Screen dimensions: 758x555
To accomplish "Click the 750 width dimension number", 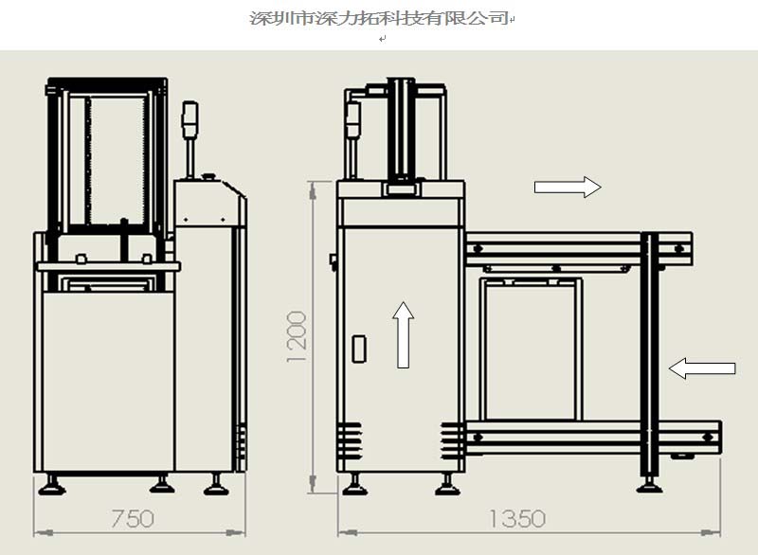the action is click(133, 519).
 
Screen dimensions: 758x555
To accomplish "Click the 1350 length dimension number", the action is click(517, 519).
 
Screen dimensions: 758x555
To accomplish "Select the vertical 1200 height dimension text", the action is click(297, 336).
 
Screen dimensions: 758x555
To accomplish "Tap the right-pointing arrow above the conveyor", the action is click(568, 187).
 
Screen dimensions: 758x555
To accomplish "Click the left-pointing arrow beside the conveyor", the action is click(702, 368).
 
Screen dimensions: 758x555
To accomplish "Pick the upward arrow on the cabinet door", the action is click(404, 335).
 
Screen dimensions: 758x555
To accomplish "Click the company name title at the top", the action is click(379, 18).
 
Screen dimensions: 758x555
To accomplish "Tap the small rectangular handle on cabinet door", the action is click(359, 349).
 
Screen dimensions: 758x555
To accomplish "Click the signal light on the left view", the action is click(189, 118).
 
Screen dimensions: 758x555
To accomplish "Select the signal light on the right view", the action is click(352, 119).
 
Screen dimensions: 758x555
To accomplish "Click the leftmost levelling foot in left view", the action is click(52, 485).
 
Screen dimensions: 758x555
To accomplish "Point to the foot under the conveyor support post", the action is click(649, 485).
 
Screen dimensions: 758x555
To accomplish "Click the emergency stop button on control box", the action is click(208, 177).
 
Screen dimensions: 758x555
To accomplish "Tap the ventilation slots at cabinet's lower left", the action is click(349, 440).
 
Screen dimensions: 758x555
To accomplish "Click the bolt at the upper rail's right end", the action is click(678, 249).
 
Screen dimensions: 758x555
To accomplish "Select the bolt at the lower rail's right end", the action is click(708, 438).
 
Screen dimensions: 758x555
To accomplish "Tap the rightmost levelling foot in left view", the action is click(216, 485).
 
